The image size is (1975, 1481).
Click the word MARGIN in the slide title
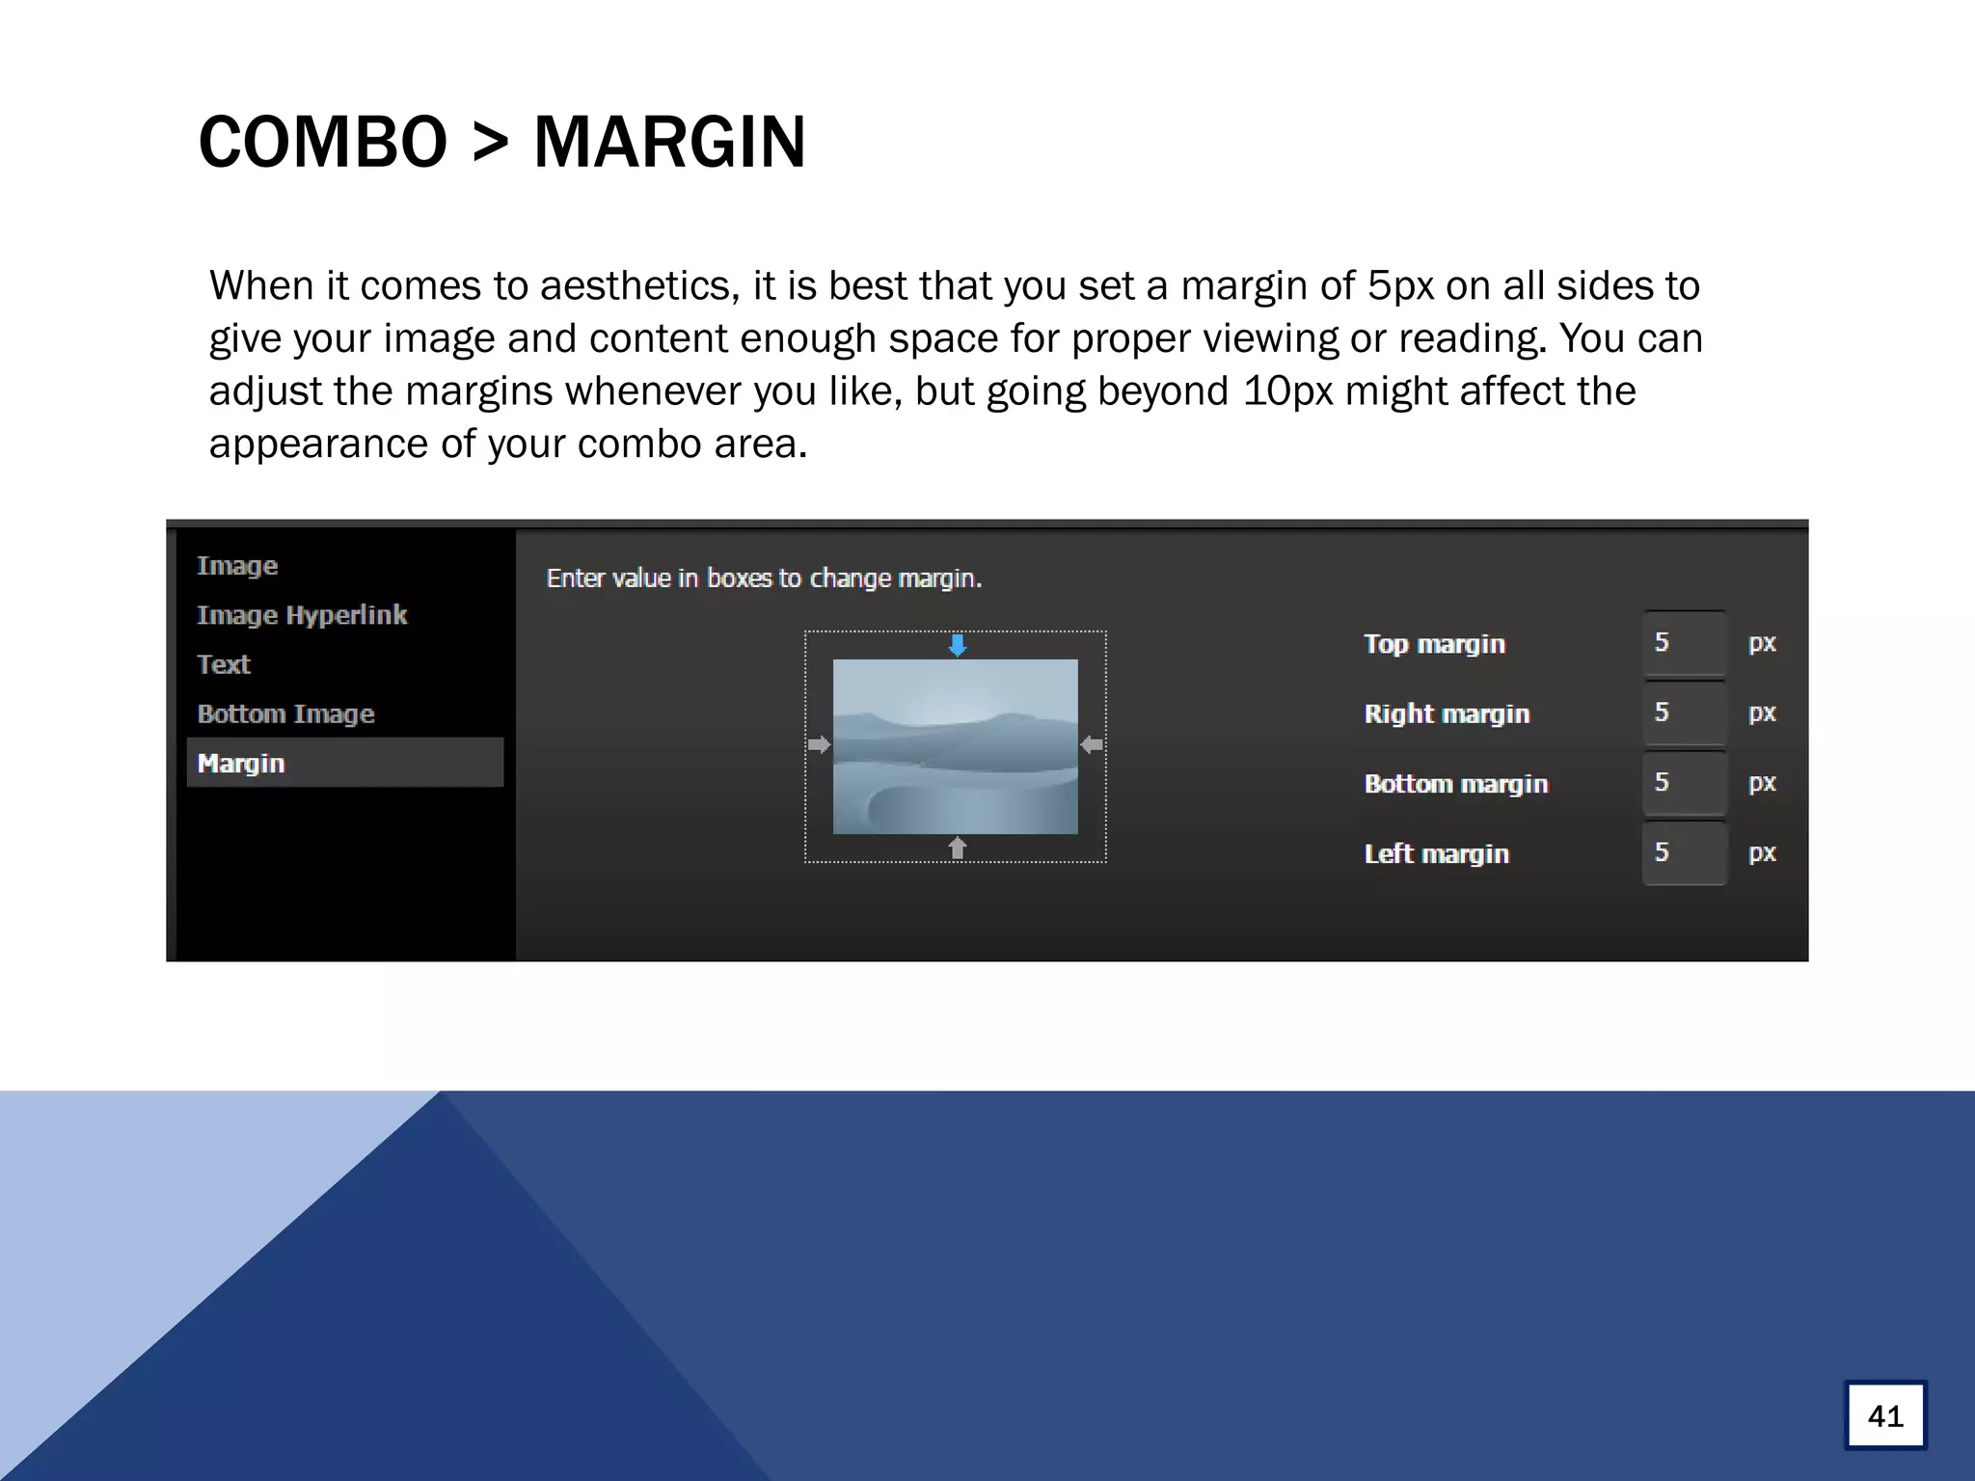[669, 143]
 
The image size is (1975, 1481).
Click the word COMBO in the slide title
[323, 143]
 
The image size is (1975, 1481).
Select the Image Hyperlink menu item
[302, 615]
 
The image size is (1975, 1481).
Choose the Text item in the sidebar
[224, 664]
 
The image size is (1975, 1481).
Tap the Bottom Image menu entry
[285, 714]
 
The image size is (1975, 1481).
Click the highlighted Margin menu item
[344, 763]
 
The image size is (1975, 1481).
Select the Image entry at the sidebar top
[237, 566]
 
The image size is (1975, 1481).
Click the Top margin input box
[1684, 643]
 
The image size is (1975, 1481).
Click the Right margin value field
[1684, 714]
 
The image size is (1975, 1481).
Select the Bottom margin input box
[1684, 783]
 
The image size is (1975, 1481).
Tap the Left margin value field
[1684, 853]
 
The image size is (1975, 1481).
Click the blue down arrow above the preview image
[957, 645]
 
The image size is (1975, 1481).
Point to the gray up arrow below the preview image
[957, 848]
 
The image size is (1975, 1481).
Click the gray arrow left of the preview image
[819, 744]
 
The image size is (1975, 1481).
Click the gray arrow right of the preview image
[1092, 744]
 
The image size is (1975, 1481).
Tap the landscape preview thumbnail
[955, 746]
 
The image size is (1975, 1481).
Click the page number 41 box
[1885, 1415]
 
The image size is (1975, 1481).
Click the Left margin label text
[1436, 854]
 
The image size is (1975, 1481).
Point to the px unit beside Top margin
[1762, 643]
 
